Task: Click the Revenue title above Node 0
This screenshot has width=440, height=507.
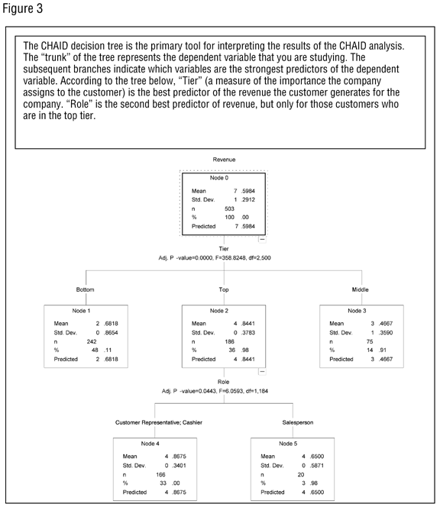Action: (x=223, y=160)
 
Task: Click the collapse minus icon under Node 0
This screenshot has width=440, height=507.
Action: (x=263, y=239)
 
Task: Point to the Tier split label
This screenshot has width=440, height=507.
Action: (x=223, y=248)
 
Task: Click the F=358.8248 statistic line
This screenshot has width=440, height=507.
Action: (x=223, y=258)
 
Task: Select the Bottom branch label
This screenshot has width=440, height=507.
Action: (x=86, y=290)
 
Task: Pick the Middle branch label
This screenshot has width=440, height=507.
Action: (x=360, y=290)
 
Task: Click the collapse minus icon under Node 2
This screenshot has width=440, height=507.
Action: (x=263, y=372)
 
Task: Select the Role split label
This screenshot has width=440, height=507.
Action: (x=223, y=381)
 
